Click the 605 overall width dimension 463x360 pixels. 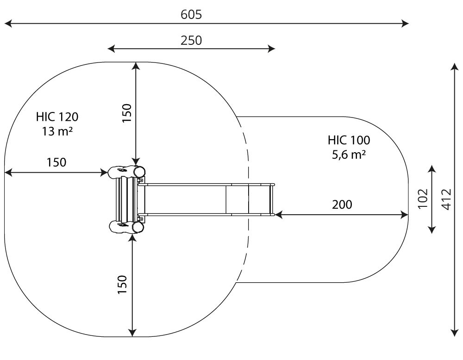(191, 14)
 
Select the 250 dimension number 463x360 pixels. (191, 41)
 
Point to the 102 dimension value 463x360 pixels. (423, 198)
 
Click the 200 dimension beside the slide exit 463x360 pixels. (342, 205)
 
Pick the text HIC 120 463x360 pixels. (57, 117)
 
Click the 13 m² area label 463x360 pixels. (57, 131)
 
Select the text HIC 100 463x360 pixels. (349, 140)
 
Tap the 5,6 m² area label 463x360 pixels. (349, 155)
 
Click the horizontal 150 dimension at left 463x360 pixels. (56, 162)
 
